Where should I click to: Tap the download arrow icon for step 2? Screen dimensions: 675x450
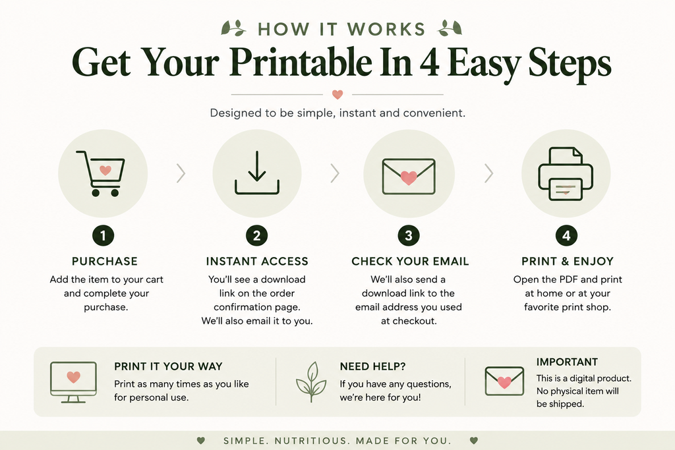(x=257, y=173)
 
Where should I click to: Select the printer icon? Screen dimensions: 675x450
(x=566, y=174)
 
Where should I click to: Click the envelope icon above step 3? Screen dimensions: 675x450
(x=409, y=177)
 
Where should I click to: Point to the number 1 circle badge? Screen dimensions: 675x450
(x=103, y=236)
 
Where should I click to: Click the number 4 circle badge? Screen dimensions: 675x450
(x=566, y=236)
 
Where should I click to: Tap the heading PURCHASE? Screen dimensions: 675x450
(x=105, y=261)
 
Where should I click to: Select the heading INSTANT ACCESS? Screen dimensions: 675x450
(x=257, y=261)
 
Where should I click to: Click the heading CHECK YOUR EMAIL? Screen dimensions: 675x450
(x=410, y=261)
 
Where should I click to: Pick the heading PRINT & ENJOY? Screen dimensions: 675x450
(x=568, y=261)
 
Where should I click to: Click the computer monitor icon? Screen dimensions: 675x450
(x=73, y=382)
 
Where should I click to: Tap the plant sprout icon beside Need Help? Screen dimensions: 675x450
(x=311, y=381)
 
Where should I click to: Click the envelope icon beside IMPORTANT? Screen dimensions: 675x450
(x=504, y=381)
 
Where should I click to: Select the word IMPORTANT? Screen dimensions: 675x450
(x=567, y=362)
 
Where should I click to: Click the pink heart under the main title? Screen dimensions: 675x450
(x=337, y=94)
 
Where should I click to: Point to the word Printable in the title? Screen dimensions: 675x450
(x=301, y=63)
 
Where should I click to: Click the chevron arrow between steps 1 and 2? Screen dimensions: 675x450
(x=181, y=173)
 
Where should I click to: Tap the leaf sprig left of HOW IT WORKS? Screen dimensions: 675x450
(x=233, y=28)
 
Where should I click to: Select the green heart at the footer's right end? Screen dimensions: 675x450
(x=474, y=441)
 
